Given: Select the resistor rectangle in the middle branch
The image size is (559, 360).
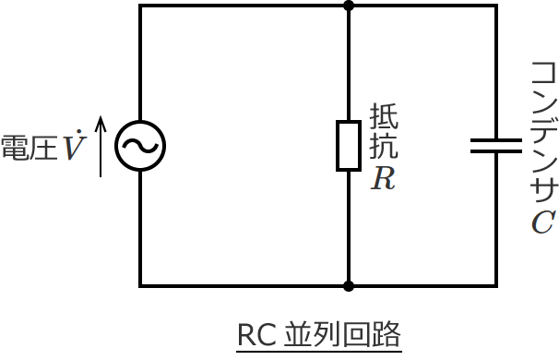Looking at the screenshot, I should coord(348,145).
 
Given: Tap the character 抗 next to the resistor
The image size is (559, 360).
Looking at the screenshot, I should coord(385,146).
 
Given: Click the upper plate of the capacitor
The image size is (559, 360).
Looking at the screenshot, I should coord(496,139).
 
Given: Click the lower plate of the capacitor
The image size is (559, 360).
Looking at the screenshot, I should coord(496,151).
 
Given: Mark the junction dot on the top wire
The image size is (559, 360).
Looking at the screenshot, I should coord(348,6).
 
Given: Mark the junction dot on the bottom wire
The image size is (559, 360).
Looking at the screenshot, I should coord(348,286).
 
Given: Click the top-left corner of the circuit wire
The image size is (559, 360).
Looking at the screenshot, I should coord(140,6).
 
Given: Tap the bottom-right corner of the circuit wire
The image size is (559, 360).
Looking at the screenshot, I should coord(496,286).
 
